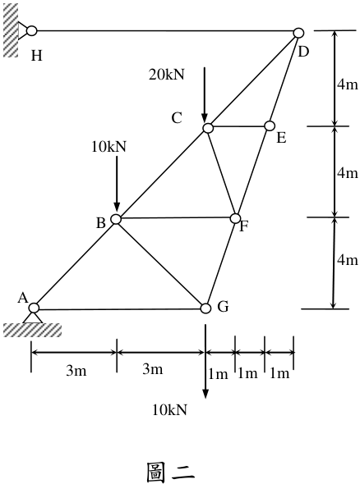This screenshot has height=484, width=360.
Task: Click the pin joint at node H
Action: point(31,31)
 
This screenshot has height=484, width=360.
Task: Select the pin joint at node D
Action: point(298,33)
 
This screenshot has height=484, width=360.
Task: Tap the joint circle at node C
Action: point(208,127)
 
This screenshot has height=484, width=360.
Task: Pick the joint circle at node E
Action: point(270,126)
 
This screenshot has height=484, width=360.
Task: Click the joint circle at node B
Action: point(116,219)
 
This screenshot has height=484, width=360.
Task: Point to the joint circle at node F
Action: point(235,218)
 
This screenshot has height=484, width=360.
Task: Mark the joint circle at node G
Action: point(205,308)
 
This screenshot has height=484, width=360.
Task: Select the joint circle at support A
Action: point(34,308)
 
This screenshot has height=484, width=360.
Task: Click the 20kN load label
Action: point(166,75)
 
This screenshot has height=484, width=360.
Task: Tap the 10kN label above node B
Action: point(108,147)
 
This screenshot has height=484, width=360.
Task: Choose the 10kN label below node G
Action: point(169,410)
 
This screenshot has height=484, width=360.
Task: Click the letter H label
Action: point(37,56)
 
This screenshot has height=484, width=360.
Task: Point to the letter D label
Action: point(303,52)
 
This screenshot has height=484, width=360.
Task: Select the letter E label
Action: point(281,138)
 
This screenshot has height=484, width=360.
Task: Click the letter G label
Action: point(223,307)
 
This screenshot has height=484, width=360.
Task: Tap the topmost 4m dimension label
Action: point(348,84)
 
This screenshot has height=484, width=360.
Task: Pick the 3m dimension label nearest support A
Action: point(76,371)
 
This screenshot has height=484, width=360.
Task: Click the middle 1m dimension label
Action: point(247,373)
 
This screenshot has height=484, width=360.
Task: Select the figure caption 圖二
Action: point(170,472)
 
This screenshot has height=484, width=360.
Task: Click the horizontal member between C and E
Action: point(238,126)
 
